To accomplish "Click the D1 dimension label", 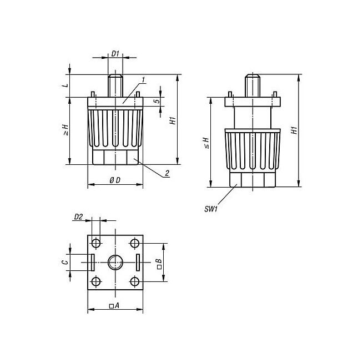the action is (115, 54).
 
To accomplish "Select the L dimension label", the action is (66, 85).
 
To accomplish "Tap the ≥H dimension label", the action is (66, 130).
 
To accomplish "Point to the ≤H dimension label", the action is (206, 143).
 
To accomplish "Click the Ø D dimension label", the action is (115, 180).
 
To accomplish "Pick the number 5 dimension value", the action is (157, 101).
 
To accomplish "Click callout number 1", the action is (143, 80).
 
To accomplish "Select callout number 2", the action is (167, 173).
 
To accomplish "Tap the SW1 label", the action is (211, 209).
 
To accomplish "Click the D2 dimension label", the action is (78, 217).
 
